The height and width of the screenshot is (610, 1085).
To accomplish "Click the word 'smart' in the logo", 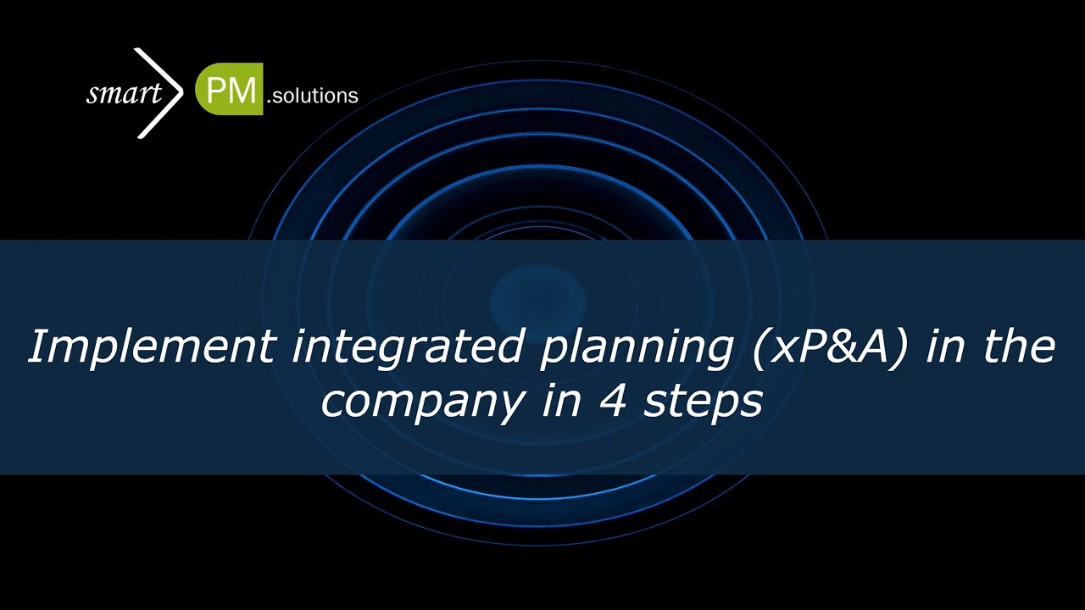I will pyautogui.click(x=123, y=93).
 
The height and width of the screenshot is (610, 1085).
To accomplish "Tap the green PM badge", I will pyautogui.click(x=228, y=89).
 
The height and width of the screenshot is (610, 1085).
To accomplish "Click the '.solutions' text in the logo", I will pyautogui.click(x=312, y=97).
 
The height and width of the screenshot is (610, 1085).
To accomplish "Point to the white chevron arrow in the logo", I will pyautogui.click(x=161, y=92).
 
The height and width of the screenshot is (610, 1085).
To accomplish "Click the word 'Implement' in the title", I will pyautogui.click(x=150, y=348).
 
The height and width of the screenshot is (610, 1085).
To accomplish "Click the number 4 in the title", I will pyautogui.click(x=608, y=401).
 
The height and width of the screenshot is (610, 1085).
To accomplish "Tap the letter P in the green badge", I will pyautogui.click(x=215, y=90).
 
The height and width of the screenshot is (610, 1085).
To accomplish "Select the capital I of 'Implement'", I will pyautogui.click(x=36, y=347).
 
